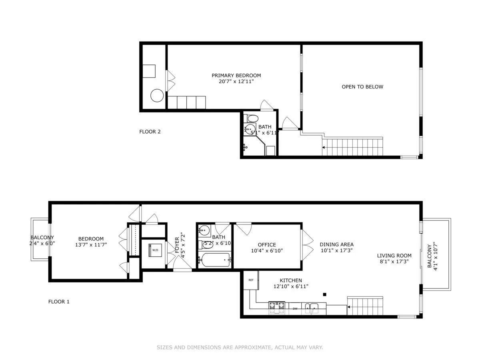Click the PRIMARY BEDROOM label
pyautogui.click(x=236, y=75)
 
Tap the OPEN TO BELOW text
pyautogui.click(x=362, y=87)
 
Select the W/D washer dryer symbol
pyautogui.click(x=154, y=250)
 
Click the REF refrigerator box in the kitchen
pyautogui.click(x=251, y=280)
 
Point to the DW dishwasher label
pyautogui.click(x=295, y=308)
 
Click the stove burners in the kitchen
pyautogui.click(x=277, y=307)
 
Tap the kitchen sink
pyautogui.click(x=311, y=308)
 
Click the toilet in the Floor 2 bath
pyautogui.click(x=252, y=118)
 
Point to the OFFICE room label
pyautogui.click(x=267, y=245)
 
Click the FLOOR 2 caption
pyautogui.click(x=150, y=132)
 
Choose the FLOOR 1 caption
pyautogui.click(x=59, y=302)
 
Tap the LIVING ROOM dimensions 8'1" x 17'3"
pyautogui.click(x=394, y=262)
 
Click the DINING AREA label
pyautogui.click(x=336, y=244)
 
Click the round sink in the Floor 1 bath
pyautogui.click(x=204, y=230)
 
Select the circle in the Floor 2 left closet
pyautogui.click(x=156, y=96)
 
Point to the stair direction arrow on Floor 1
pyautogui.click(x=349, y=307)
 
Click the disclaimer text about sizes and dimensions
pyautogui.click(x=240, y=348)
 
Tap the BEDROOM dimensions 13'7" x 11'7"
pyautogui.click(x=91, y=244)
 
